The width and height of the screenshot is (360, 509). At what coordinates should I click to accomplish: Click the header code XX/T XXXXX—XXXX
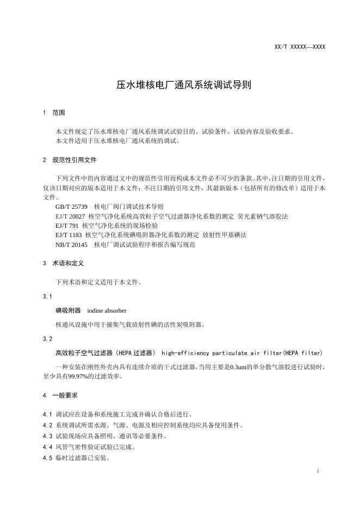300,47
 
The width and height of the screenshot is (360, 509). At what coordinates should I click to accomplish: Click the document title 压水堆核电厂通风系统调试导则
179,85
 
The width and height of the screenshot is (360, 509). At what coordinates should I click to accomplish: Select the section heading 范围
58,113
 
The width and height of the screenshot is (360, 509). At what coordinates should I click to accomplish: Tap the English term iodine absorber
107,311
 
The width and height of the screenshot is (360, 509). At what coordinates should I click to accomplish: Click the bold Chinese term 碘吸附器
68,311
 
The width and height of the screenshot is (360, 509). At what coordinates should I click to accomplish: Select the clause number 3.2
47,339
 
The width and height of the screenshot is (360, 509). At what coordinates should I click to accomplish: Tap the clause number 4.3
47,436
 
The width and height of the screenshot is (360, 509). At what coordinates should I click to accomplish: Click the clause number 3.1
47,296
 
